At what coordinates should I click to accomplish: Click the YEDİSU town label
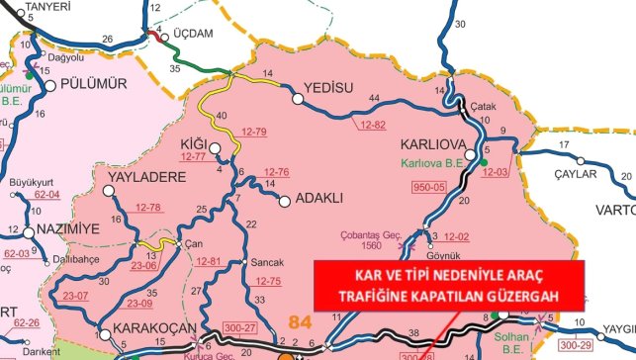point(329,87)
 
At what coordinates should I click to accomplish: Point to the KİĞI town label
point(194,144)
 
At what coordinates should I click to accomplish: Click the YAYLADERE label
point(139,178)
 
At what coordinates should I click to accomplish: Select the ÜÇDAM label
point(194,33)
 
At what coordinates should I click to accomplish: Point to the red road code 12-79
point(254,132)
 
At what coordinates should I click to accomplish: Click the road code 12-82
point(374,125)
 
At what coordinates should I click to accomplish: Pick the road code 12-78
point(148,208)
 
